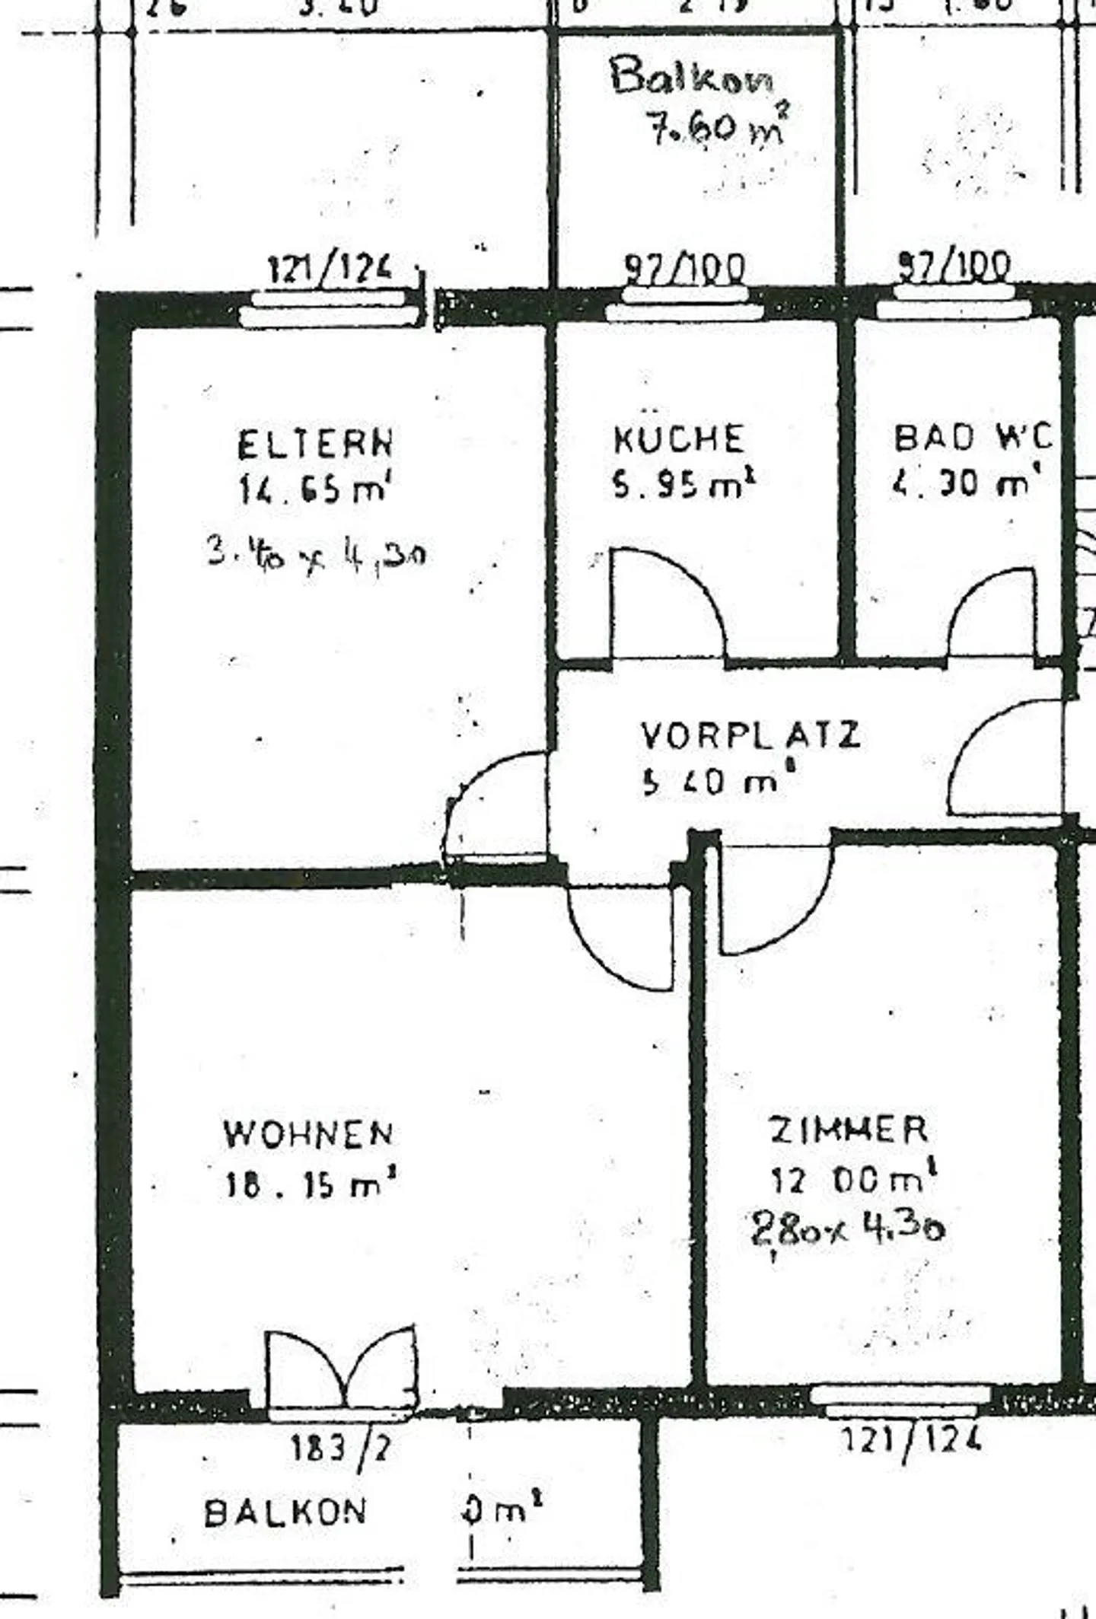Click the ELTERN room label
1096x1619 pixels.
[x=316, y=445]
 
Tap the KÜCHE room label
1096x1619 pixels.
[x=678, y=439]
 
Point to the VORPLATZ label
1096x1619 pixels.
[x=750, y=735]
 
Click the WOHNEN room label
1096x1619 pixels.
[x=308, y=1135]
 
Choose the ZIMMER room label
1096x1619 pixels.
[x=849, y=1130]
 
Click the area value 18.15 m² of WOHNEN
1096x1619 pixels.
[x=311, y=1185]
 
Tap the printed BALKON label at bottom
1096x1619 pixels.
[x=285, y=1512]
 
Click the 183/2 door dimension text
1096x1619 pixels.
[x=341, y=1448]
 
